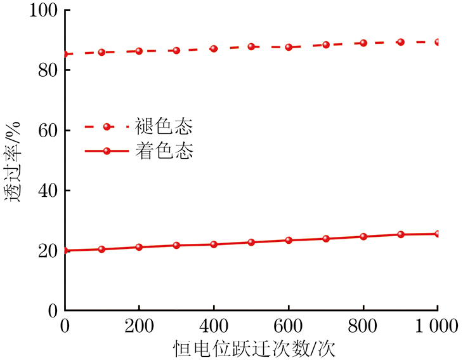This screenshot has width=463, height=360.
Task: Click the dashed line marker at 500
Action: tap(251, 46)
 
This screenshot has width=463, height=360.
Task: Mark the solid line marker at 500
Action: tap(251, 242)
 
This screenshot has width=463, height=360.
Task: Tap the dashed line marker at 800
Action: tap(363, 43)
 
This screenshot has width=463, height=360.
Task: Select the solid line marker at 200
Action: tap(139, 247)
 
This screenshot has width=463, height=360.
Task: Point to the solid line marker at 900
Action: tap(401, 234)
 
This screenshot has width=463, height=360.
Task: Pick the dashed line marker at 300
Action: tap(176, 50)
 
